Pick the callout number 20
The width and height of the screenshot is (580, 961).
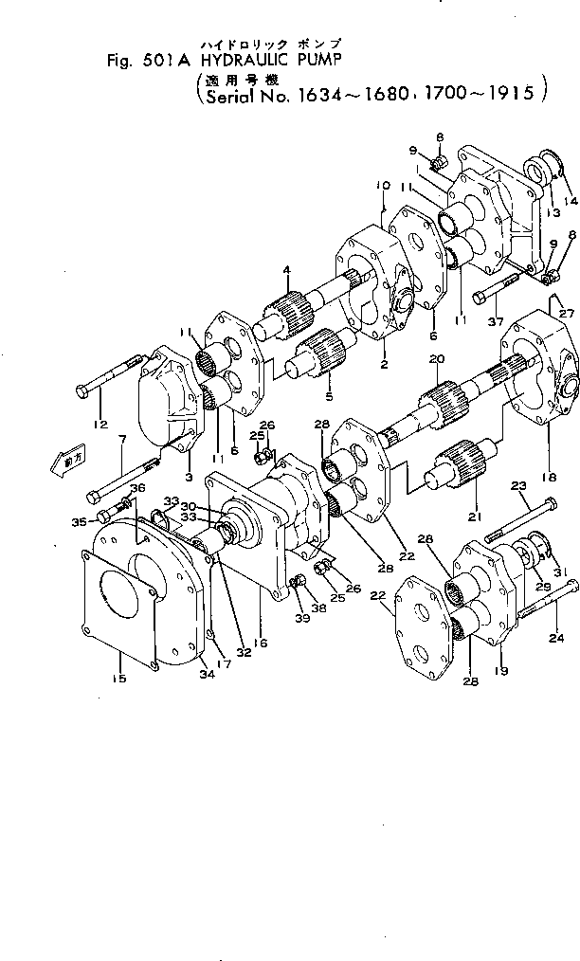coord(437,359)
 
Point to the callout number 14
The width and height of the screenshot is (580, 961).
coord(571,201)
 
